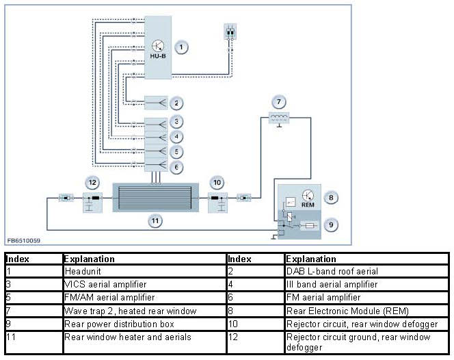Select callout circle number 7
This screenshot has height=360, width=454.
pos(278,103)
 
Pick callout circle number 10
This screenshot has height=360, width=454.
pos(218,183)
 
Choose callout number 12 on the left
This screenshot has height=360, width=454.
pos(92,183)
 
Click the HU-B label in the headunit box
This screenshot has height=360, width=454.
pos(158,55)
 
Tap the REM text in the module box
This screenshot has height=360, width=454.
pos(308,205)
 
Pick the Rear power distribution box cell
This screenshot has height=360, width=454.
pos(110,323)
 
